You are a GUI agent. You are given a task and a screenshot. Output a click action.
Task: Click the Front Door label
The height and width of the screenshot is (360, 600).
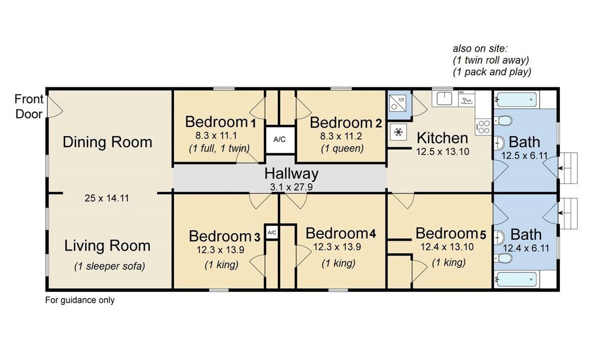pyautogui.click(x=28, y=106)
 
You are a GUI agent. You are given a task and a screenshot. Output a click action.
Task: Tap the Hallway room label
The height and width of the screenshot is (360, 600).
pyautogui.click(x=291, y=173)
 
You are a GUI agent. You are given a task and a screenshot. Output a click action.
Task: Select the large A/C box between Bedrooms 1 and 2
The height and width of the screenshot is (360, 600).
pyautogui.click(x=280, y=139)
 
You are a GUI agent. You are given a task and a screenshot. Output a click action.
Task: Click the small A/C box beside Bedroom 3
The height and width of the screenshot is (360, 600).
pyautogui.click(x=271, y=232)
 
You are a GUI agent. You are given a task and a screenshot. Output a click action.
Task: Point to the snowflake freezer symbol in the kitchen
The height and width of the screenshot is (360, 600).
pyautogui.click(x=398, y=132)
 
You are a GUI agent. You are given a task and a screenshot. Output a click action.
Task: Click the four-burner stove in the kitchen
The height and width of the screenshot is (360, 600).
pyautogui.click(x=483, y=127)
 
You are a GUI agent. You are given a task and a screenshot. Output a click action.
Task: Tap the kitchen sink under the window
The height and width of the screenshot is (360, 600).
pyautogui.click(x=444, y=98)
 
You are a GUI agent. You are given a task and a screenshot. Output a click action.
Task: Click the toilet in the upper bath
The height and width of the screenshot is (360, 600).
pyautogui.click(x=503, y=120)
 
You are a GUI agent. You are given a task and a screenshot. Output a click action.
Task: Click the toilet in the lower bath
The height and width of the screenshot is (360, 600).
pyautogui.click(x=503, y=258)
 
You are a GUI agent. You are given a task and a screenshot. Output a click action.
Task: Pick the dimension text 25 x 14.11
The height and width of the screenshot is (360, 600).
pyautogui.click(x=106, y=198)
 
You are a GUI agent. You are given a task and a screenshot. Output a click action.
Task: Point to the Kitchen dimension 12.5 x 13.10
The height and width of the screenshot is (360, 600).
pyautogui.click(x=442, y=152)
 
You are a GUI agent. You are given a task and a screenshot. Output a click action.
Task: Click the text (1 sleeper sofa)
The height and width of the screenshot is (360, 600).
pyautogui.click(x=109, y=266)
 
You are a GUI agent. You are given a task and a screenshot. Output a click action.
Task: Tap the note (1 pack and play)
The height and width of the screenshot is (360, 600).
pyautogui.click(x=492, y=72)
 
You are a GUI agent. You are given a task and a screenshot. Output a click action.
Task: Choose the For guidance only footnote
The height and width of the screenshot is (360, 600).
pyautogui.click(x=80, y=300)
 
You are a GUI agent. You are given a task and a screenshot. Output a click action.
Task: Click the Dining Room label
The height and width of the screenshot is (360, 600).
pyautogui.click(x=107, y=141)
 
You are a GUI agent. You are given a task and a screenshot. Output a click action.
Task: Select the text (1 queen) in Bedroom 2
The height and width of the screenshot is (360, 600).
pyautogui.click(x=342, y=148)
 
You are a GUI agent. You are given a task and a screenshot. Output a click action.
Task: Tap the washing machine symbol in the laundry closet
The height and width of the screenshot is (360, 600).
pyautogui.click(x=397, y=103)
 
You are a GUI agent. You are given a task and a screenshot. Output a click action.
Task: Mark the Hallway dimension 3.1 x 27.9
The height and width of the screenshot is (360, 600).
pyautogui.click(x=291, y=187)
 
